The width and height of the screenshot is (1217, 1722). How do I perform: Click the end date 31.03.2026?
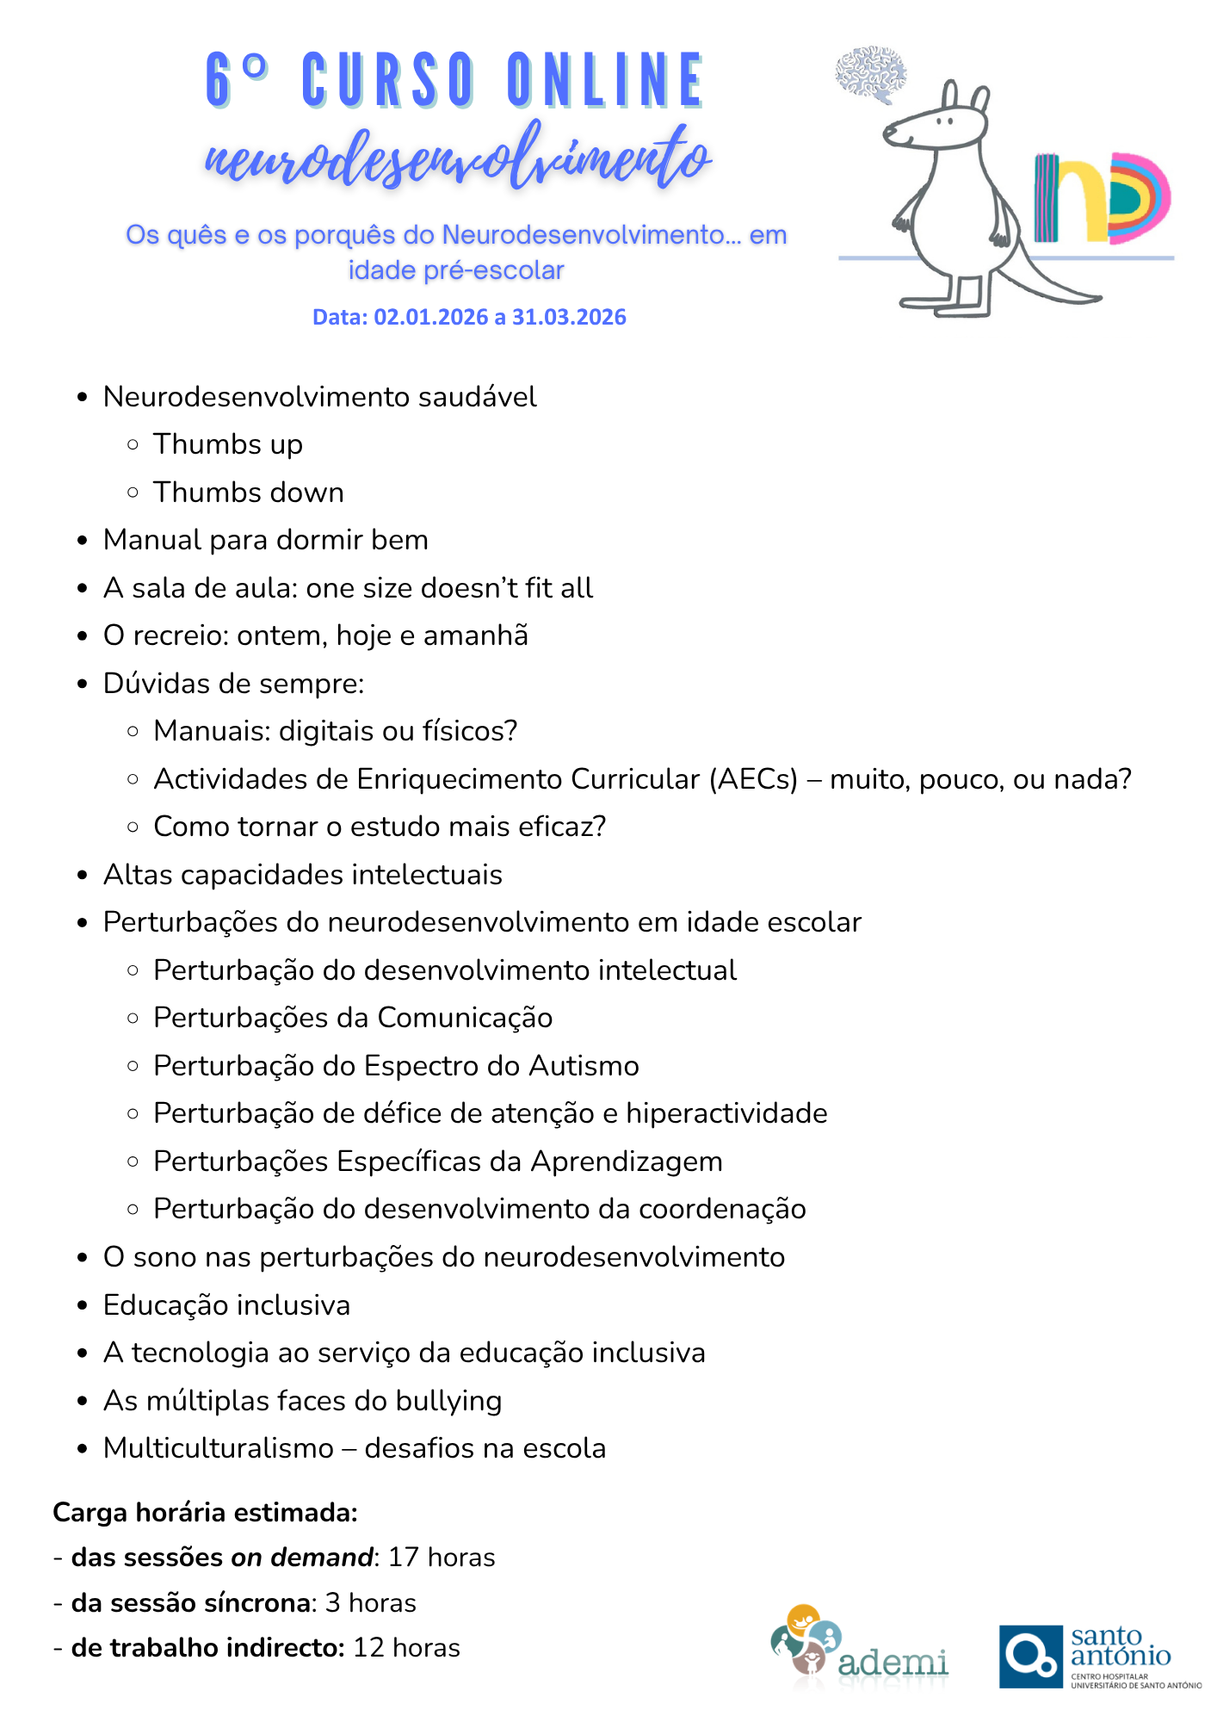569,318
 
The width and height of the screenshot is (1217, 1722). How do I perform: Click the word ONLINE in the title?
606,82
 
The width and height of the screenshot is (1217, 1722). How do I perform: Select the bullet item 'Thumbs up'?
227,444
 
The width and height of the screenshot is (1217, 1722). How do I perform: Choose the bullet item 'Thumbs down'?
248,492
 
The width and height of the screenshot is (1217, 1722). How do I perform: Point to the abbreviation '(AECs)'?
753,779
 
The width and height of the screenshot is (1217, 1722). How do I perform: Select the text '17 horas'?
442,1558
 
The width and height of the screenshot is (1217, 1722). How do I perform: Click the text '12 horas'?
406,1648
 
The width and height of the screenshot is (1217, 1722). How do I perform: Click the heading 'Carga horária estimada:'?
205,1513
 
